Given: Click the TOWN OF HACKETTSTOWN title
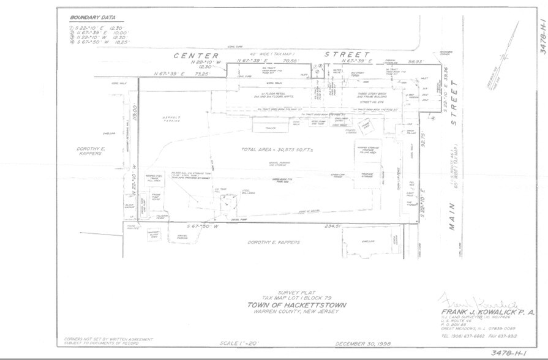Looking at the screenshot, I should (296, 305).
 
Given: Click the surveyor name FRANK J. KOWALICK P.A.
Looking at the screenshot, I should (487, 312).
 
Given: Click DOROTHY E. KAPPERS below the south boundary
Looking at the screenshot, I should (274, 242).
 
